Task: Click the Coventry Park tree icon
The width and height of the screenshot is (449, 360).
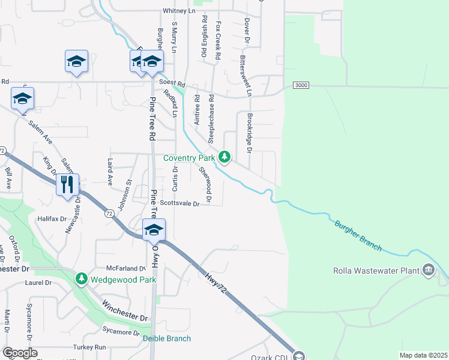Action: [224, 157]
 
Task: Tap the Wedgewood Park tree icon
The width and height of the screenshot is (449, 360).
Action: [82, 279]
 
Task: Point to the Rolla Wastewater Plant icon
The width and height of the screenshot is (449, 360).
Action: [428, 271]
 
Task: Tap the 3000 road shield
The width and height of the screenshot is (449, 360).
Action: [301, 86]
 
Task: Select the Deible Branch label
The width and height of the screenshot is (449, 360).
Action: [167, 338]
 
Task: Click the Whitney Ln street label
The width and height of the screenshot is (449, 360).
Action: [179, 11]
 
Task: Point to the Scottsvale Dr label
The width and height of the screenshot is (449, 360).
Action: [179, 203]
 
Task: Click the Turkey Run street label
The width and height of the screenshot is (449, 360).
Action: [89, 347]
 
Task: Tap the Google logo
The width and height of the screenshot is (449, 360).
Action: [19, 353]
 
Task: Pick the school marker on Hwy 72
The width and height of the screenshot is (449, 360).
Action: [154, 229]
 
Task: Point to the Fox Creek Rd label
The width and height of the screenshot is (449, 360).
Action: [218, 41]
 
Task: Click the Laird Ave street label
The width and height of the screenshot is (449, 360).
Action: [110, 175]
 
